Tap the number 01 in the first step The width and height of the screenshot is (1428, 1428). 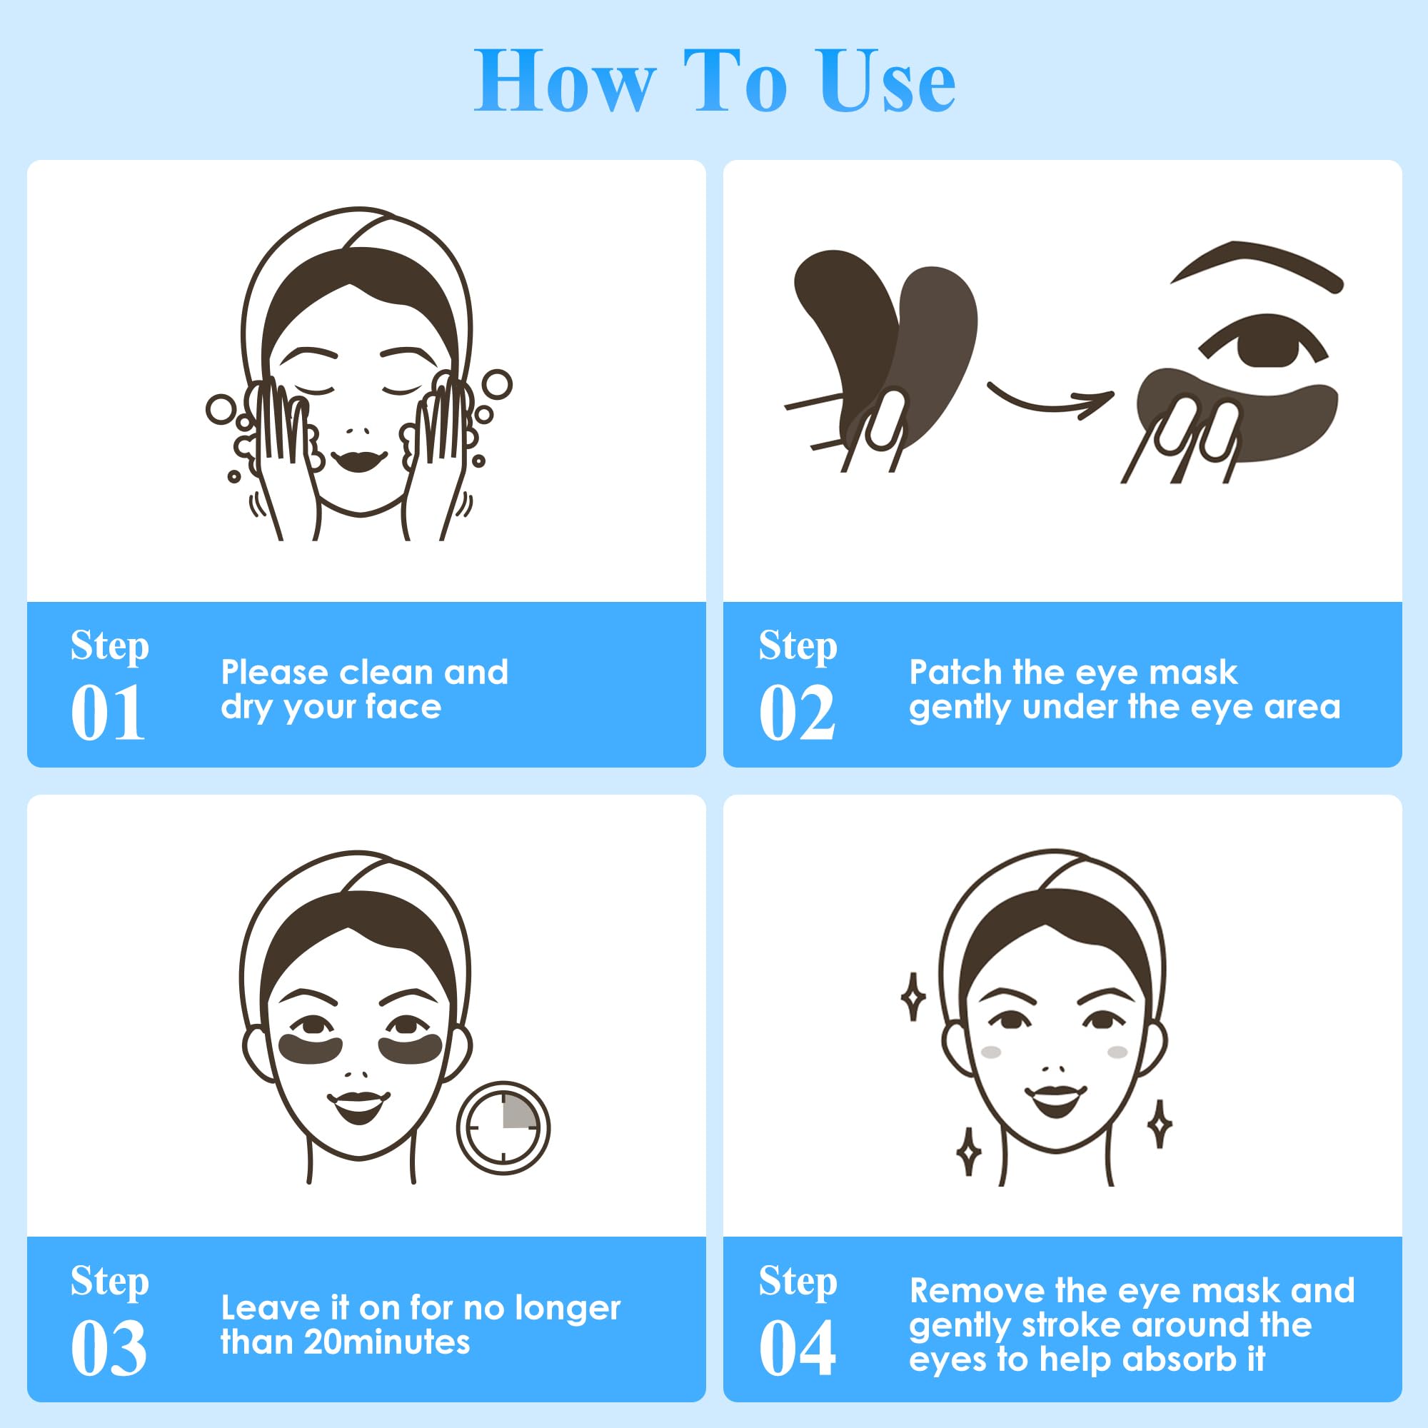[108, 713]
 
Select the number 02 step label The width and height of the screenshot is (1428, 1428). [797, 713]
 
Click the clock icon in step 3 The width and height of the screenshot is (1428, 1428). [503, 1128]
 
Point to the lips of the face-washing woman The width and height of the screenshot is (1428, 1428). [358, 460]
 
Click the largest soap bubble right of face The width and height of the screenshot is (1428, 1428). [497, 384]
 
